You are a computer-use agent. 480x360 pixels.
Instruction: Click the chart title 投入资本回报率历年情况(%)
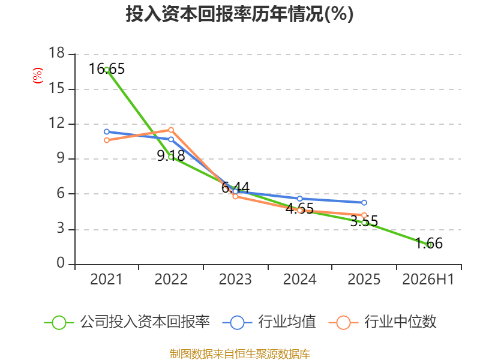pos(239,14)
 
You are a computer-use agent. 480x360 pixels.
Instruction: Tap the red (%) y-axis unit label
pos(38,76)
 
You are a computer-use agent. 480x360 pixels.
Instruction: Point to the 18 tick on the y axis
pos(56,53)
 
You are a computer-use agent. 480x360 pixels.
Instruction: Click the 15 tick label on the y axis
pos(56,88)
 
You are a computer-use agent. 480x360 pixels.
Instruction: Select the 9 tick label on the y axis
pos(61,158)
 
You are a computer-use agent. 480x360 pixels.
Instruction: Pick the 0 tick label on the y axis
pos(61,263)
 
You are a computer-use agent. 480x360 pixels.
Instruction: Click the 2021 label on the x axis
pos(106,279)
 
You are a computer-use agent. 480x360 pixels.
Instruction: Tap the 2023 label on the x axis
pos(235,279)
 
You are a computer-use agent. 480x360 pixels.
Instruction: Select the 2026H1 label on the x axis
pos(428,279)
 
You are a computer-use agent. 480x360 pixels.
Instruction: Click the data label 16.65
pos(107,68)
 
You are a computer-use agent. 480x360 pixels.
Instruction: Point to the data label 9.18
pos(171,156)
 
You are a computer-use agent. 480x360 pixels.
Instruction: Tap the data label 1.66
pos(429,244)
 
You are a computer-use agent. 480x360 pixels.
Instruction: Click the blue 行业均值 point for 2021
pos(107,131)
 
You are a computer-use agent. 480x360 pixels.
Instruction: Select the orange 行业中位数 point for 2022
pos(171,130)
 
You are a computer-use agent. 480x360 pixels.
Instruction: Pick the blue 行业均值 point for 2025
pos(364,203)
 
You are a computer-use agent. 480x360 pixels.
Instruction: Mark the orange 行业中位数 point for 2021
pos(107,140)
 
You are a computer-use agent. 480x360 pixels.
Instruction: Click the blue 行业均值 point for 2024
pos(299,199)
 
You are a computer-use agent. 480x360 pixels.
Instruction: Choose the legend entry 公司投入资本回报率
pos(127,322)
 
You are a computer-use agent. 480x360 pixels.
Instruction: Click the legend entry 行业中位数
pos(382,322)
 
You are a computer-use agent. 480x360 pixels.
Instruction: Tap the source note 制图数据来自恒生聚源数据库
pos(240,354)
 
